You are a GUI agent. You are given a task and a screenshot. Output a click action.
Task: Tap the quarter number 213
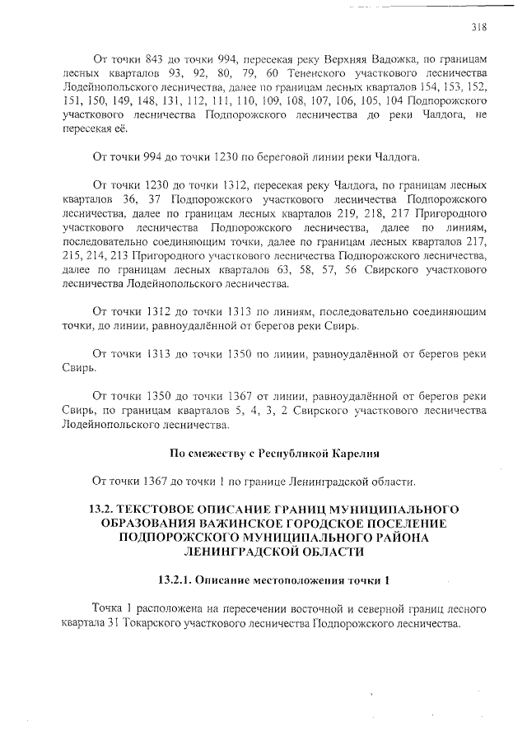pos(128,258)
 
